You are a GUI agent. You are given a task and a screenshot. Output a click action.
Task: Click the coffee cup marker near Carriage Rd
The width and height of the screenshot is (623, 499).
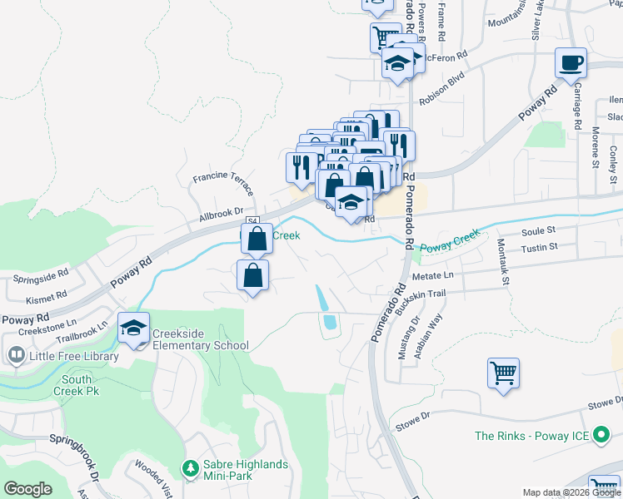[x=571, y=64]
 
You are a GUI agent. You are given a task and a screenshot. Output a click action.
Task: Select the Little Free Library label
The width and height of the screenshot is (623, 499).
[x=62, y=356]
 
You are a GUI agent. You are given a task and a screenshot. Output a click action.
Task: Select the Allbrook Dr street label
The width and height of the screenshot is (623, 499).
[x=221, y=214]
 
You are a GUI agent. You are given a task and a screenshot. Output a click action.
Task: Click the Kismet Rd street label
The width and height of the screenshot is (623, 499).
[x=46, y=296]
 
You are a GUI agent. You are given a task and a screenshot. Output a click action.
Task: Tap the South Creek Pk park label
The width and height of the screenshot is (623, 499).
[x=77, y=385]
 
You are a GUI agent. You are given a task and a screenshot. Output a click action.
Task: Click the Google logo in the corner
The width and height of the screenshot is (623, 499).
[x=28, y=489]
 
